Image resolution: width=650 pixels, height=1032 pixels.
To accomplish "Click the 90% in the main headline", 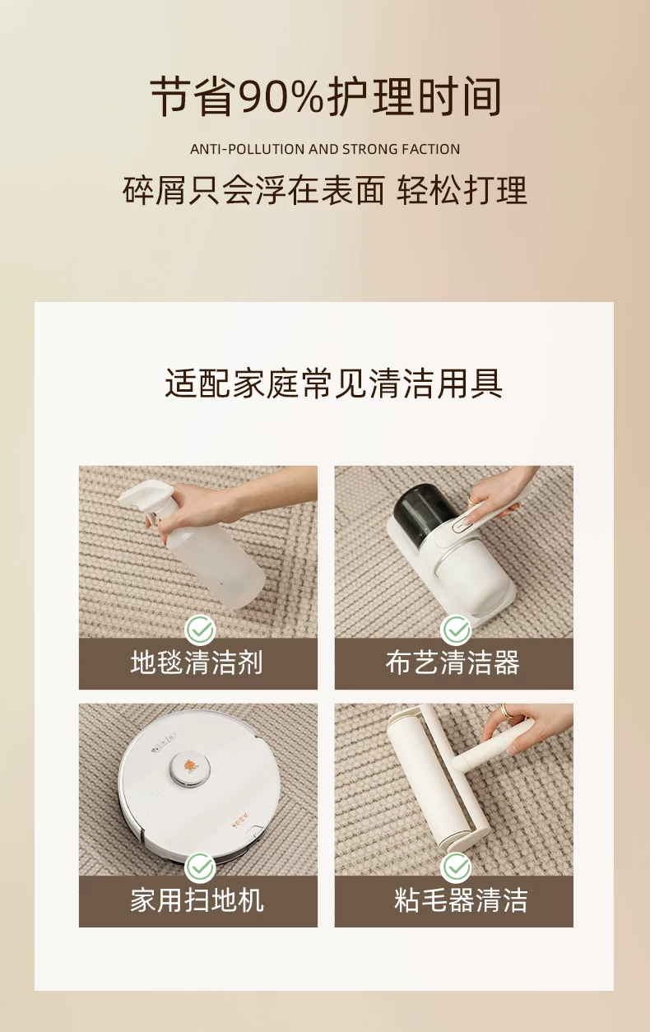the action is point(281,97).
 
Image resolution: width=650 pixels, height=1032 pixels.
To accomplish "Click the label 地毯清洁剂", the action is point(197,662).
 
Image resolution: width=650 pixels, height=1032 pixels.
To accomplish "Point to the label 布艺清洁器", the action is point(453,662).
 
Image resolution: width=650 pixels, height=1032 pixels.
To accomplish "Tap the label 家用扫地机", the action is point(197,900).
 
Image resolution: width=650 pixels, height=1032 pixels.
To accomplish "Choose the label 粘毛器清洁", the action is point(461,900).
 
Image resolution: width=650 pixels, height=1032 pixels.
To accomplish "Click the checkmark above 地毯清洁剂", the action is point(200,630).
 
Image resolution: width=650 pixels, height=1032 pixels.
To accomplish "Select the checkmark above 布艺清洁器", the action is point(456,630).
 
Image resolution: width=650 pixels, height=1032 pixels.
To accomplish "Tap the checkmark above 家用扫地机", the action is point(200,868).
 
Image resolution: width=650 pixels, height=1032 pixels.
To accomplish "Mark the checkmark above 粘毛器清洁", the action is point(456,868).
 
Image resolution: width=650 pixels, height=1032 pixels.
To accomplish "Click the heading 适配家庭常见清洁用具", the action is point(333,383).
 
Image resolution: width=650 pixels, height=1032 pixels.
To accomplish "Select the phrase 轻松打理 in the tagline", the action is point(462,190).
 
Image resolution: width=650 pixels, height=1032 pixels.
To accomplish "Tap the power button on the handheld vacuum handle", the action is point(461,525).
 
